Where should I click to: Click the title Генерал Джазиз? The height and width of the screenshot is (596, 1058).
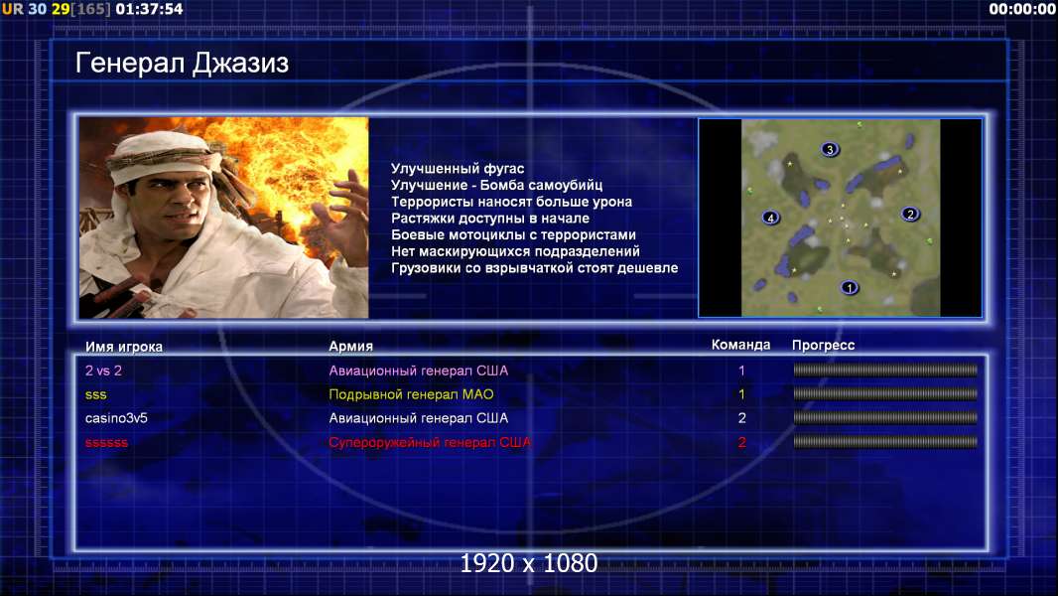pos(182,63)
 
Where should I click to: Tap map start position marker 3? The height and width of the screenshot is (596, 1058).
pos(830,149)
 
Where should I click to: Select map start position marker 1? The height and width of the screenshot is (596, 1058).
pos(850,287)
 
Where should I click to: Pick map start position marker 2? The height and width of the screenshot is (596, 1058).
pos(910,214)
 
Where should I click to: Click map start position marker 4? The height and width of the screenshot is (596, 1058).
pos(770,218)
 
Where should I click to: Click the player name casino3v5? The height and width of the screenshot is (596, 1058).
pos(116,418)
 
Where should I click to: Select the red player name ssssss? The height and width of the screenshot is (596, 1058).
pos(106,443)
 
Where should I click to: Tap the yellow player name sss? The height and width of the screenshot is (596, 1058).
pos(96,395)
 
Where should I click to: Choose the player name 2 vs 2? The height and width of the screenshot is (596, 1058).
pos(103,371)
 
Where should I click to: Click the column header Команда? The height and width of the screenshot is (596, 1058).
pos(740,345)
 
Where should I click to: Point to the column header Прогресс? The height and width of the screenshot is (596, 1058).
pos(823,346)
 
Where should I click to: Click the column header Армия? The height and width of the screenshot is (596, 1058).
pos(351,347)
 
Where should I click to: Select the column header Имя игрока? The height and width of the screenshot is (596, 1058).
pos(123,347)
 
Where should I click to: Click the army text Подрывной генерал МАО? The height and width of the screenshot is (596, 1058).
pos(411,394)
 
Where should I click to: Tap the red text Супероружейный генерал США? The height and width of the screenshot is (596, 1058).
pos(430,443)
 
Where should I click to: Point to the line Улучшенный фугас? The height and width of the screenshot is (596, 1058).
pos(458,169)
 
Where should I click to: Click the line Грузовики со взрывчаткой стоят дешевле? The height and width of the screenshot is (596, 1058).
pos(534,268)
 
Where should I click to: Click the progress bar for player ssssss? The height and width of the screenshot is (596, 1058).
pos(885,442)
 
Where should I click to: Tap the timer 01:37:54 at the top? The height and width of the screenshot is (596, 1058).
pos(149,9)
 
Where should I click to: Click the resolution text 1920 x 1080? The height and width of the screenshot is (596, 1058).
pos(529,563)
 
